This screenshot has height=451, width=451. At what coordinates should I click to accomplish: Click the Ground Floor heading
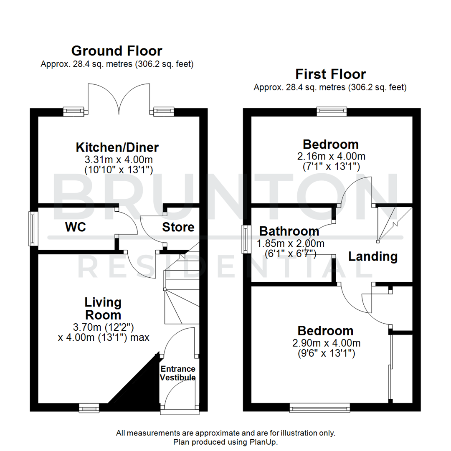pos(117,51)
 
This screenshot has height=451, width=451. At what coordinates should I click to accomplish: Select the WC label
pos(75,227)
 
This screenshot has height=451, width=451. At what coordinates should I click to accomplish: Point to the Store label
pos(178,227)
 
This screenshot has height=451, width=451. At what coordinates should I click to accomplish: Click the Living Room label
pos(103,308)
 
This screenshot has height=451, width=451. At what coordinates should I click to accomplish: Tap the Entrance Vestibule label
pos(178,373)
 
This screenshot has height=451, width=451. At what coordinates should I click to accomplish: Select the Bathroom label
pos(289,231)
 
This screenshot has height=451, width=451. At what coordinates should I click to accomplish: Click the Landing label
pos(373,256)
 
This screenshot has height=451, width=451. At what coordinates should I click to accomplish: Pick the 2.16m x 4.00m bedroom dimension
pos(330,156)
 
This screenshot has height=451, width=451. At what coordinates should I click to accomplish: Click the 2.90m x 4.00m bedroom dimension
pos(325,343)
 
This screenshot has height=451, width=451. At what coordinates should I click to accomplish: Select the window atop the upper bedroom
pos(332,110)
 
